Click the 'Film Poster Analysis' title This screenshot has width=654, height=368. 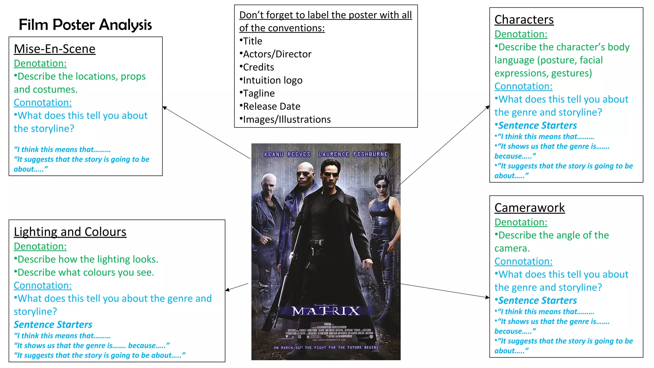tap(85, 25)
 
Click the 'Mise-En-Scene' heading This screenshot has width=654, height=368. tap(55, 49)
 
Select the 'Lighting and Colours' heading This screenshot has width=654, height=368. tap(70, 232)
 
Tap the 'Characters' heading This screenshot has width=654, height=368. tap(524, 20)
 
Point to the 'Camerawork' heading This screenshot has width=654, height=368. tap(529, 208)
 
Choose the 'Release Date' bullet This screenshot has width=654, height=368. tap(271, 106)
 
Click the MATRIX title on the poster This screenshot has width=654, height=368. tap(326, 311)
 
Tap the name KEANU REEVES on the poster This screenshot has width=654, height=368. tap(287, 154)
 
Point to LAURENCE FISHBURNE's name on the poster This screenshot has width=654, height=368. tap(353, 154)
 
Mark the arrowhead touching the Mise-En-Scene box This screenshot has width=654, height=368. tap(164, 108)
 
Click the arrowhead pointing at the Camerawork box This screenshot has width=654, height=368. tap(487, 297)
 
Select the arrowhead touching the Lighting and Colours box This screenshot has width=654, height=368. tap(227, 290)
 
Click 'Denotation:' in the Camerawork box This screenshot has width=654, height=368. tap(521, 222)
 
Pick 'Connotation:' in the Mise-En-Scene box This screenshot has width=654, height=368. tap(43, 103)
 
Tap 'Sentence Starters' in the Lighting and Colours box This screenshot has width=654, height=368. tap(53, 325)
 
